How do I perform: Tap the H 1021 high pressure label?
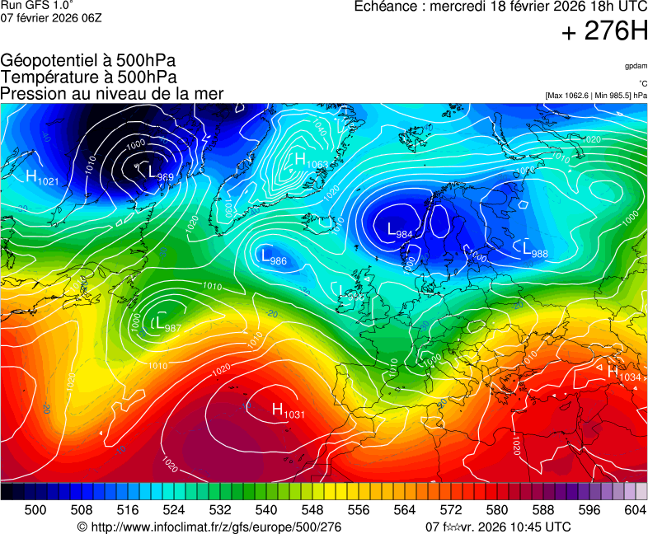[42, 177]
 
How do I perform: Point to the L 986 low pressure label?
[274, 258]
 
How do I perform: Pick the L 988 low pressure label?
[535, 250]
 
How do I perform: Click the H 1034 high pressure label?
[624, 373]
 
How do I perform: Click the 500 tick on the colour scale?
[35, 510]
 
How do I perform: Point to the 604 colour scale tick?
[635, 510]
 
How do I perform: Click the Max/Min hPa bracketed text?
[596, 96]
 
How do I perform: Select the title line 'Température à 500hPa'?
[88, 77]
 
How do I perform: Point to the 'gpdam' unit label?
[636, 65]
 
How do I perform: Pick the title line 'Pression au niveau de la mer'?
[112, 93]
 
